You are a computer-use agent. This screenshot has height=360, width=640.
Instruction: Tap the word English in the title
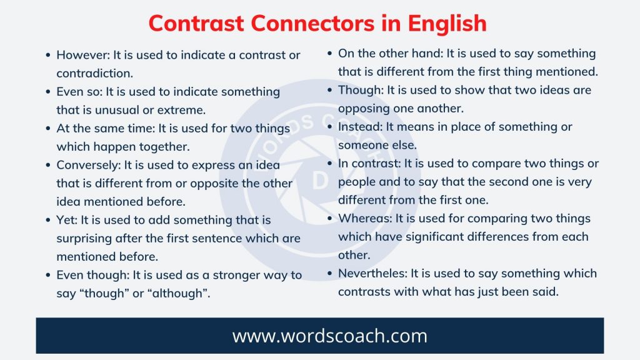click(x=447, y=23)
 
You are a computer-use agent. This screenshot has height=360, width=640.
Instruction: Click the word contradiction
click(x=94, y=73)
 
